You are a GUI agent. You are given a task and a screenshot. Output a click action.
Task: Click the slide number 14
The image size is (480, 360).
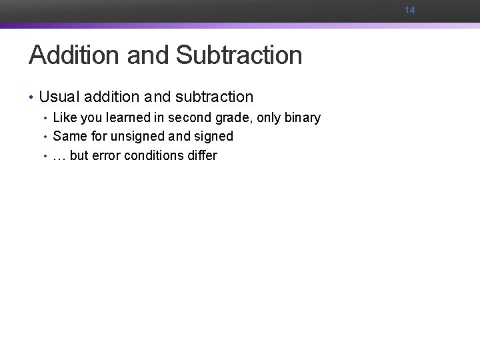click(x=409, y=10)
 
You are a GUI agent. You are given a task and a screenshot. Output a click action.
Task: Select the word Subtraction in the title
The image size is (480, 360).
click(x=239, y=55)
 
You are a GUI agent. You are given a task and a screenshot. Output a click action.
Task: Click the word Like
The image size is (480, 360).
click(x=65, y=118)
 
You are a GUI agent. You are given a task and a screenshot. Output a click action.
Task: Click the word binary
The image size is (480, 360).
click(x=302, y=119)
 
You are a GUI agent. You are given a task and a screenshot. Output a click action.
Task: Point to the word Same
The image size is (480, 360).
click(x=69, y=137)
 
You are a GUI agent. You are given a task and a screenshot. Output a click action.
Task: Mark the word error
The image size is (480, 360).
click(x=105, y=156)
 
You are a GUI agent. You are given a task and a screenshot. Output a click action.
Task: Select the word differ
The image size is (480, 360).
click(x=202, y=155)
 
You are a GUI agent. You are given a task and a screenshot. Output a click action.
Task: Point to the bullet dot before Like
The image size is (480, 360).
click(x=45, y=119)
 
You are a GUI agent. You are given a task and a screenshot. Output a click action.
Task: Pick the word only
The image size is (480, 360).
click(x=269, y=119)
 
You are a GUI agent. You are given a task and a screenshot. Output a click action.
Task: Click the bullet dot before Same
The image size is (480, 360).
click(x=45, y=137)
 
